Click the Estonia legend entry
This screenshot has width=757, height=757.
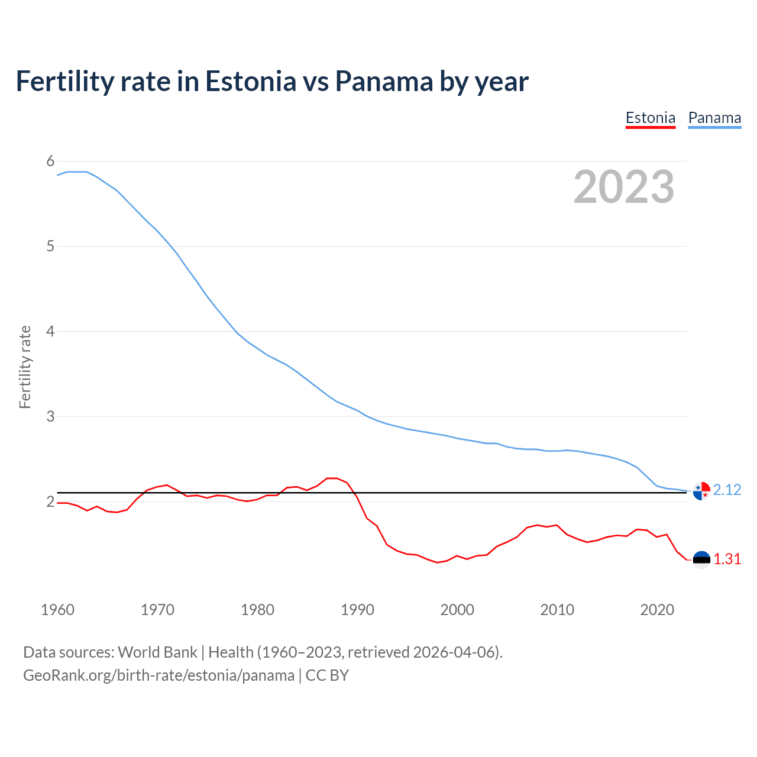click(x=650, y=118)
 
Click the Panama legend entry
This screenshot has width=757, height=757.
click(x=714, y=118)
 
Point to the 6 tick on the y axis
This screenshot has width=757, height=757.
click(x=50, y=161)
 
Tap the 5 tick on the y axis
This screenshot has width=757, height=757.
click(x=50, y=247)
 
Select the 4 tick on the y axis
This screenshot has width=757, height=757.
click(x=50, y=332)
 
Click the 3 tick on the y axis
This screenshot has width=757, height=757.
click(x=50, y=417)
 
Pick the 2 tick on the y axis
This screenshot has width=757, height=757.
click(x=50, y=502)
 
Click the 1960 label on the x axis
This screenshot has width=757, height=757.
click(x=57, y=610)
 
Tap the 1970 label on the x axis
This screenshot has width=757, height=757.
click(x=157, y=610)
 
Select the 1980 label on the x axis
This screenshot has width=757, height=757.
click(x=257, y=610)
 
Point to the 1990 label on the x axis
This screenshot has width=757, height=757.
click(x=357, y=610)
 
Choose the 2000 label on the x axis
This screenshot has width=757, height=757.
click(x=457, y=610)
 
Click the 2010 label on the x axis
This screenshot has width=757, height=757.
click(x=557, y=610)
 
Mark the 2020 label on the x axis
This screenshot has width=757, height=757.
click(x=657, y=610)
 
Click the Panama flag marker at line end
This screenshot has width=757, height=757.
click(x=701, y=491)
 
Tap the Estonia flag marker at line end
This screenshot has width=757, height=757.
click(x=701, y=559)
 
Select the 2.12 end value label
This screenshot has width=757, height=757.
click(x=727, y=490)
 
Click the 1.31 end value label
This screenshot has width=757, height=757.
click(x=727, y=559)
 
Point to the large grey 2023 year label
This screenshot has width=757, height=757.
click(x=624, y=187)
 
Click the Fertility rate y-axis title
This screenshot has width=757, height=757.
click(x=25, y=367)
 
